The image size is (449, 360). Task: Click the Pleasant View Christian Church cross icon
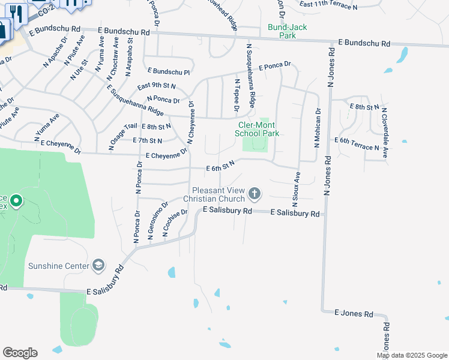coord(255,193)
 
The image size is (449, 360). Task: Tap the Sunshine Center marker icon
coord(98,265)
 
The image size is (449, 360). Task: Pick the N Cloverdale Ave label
coord(385,137)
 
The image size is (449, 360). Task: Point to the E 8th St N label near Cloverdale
coord(364,107)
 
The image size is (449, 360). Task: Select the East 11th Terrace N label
coord(328,6)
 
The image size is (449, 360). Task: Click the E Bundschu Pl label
coord(168,71)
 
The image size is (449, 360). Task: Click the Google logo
coord(20,353)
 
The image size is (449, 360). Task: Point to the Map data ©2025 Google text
coord(411,355)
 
